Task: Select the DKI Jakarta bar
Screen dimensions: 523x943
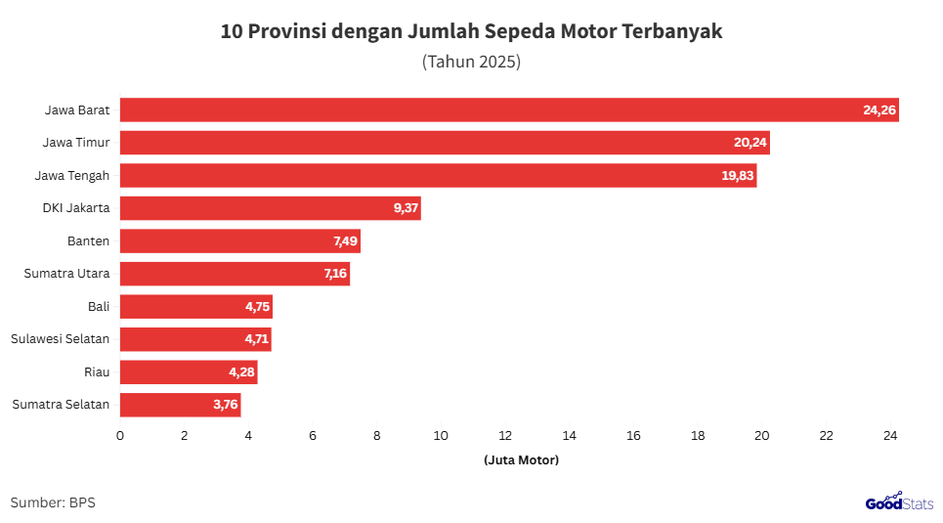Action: coord(270,208)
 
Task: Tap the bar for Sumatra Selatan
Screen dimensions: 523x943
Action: coord(180,405)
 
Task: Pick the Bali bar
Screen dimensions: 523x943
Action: coord(195,307)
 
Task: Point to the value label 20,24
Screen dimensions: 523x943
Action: coord(750,143)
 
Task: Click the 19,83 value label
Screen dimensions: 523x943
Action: coord(737,176)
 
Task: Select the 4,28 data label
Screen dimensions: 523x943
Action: coord(240,372)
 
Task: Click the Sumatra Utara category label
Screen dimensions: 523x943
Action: coord(66,274)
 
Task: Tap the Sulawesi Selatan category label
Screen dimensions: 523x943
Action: coord(60,339)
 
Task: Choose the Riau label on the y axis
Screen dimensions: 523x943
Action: coord(97,372)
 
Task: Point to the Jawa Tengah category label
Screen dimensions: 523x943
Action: coord(71,176)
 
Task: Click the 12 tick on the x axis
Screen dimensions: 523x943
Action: coord(505,436)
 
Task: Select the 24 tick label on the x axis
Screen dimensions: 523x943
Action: coord(890,436)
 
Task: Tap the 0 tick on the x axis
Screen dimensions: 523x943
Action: coord(120,436)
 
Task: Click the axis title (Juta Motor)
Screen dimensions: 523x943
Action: coord(521,459)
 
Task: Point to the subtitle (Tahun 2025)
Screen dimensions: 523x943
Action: coord(471,62)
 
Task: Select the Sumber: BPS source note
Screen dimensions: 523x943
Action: coord(53,502)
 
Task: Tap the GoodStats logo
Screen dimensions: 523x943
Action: coord(898,501)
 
